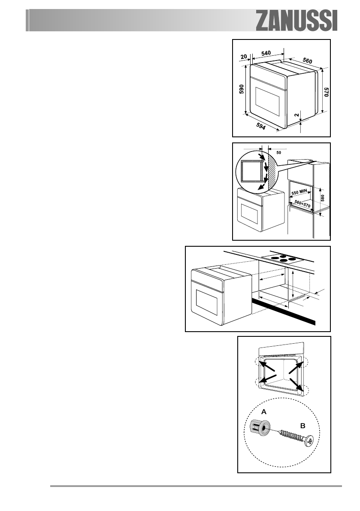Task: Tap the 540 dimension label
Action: point(267,53)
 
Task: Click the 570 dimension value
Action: point(326,94)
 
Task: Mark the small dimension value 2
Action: point(296,115)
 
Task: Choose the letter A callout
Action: point(264,411)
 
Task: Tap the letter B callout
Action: point(302,426)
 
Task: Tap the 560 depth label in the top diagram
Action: point(307,60)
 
